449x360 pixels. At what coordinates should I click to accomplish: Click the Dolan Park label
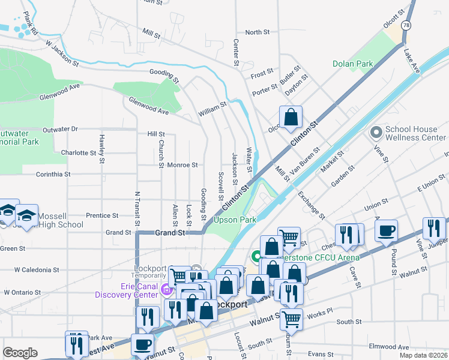tap(353, 64)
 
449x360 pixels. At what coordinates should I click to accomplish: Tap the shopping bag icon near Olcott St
tap(291, 118)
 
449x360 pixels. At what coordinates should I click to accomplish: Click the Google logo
tap(20, 353)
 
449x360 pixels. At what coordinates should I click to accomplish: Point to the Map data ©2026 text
tap(424, 355)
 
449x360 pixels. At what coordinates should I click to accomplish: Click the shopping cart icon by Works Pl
tap(291, 319)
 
